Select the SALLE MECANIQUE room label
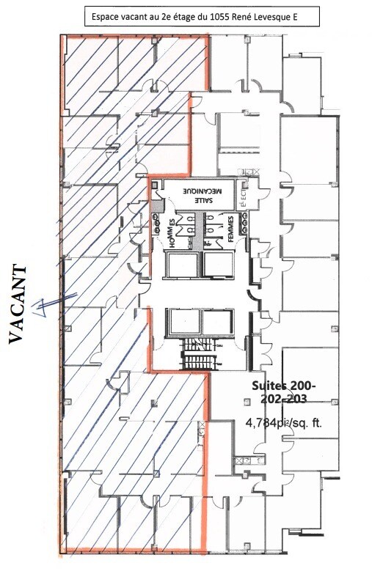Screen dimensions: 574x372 click(196, 193)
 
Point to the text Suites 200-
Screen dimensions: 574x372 click(283, 386)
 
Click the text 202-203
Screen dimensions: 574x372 click(283, 400)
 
